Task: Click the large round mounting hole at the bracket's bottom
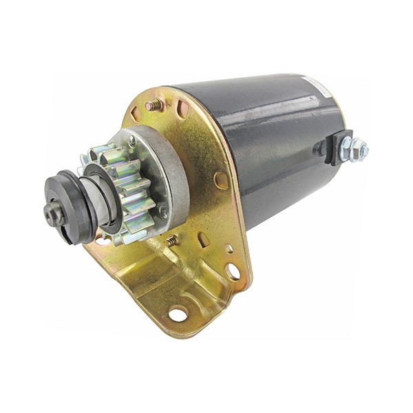pos(178,314)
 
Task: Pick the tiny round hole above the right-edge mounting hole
pos(229,248)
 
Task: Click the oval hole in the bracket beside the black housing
pos(221,180)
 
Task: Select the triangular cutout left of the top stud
pos(136,112)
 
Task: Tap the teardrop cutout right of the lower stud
pos(204,239)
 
